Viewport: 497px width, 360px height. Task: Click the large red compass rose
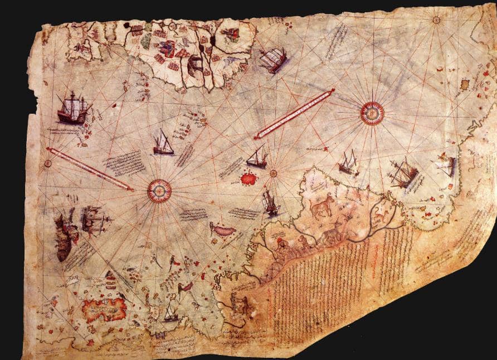click(372, 113)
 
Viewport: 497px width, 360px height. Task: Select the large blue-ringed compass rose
click(159, 191)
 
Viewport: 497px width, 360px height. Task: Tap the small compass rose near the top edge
click(436, 20)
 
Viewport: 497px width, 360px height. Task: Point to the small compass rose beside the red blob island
click(273, 173)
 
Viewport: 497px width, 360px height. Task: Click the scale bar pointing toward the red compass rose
click(294, 114)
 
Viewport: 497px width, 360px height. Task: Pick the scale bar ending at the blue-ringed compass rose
click(89, 169)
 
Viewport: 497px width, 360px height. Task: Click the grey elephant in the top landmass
click(196, 66)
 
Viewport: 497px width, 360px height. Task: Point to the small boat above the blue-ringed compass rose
click(163, 144)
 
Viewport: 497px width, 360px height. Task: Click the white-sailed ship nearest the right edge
click(447, 166)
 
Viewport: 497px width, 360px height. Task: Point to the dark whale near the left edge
click(63, 237)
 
